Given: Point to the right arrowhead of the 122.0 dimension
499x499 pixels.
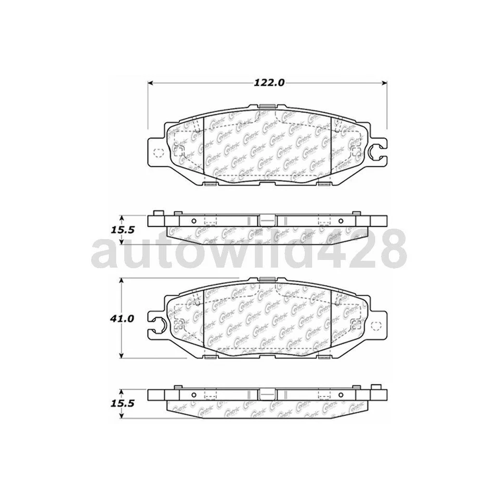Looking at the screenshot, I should coord(385,83).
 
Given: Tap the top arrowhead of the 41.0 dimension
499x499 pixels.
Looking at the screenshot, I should coord(122,281).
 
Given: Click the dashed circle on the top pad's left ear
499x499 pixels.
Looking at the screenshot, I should coord(159,152).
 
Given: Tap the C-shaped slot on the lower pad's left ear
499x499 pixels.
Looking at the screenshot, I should coord(160,325).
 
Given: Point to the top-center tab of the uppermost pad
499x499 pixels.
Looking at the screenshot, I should coord(268,108).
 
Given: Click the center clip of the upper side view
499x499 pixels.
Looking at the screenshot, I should coord(267,220).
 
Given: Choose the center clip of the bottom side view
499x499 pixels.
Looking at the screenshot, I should coord(267,394).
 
